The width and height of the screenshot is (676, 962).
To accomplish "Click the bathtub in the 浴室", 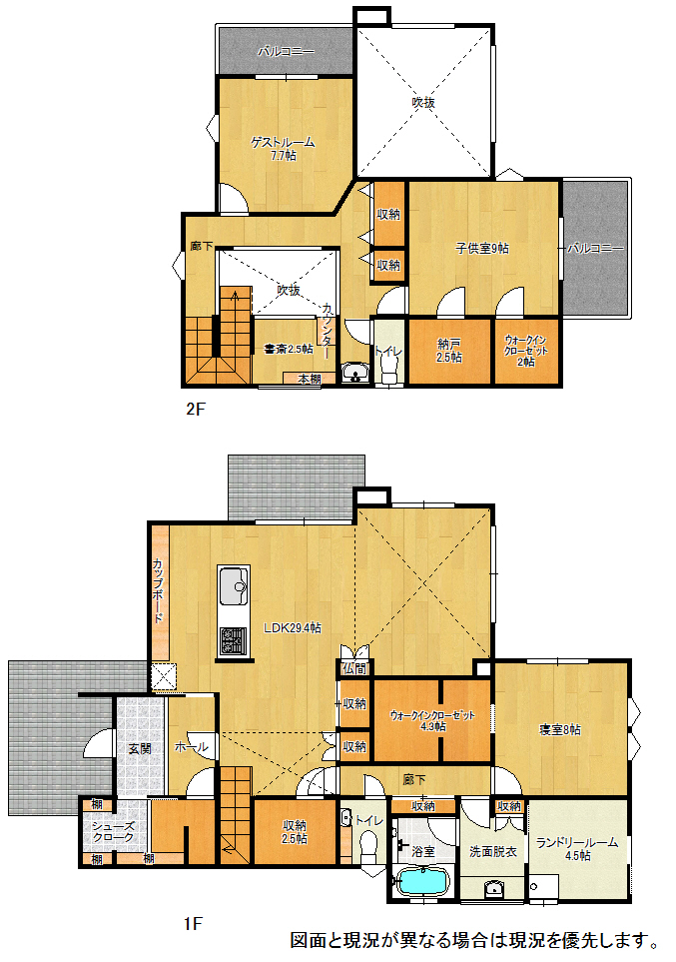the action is (x=423, y=882).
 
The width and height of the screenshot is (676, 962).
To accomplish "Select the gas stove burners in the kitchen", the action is (x=233, y=640).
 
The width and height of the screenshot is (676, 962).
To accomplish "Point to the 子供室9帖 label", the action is (x=481, y=248).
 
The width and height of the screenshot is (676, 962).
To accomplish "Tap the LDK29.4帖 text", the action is (x=292, y=627).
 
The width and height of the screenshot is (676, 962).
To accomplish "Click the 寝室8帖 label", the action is (x=559, y=729).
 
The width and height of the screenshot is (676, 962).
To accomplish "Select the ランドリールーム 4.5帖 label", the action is (x=576, y=849).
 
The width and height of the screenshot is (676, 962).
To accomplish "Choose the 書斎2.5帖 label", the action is (x=288, y=349).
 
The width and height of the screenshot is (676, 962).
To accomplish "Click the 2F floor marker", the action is (x=195, y=409).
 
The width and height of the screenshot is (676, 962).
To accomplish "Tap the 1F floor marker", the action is (x=193, y=923).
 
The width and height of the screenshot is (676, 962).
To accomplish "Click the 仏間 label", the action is (x=353, y=668).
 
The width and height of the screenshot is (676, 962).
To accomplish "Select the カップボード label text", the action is (x=158, y=590).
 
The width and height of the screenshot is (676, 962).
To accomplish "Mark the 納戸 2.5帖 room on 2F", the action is (x=449, y=351).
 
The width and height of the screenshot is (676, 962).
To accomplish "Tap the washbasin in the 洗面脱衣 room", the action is (x=494, y=888).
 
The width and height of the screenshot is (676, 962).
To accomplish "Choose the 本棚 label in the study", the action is (x=310, y=380).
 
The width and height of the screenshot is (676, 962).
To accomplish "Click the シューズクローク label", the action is (x=113, y=832).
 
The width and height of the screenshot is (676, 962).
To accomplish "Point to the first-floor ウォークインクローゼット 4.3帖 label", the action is (x=432, y=721).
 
